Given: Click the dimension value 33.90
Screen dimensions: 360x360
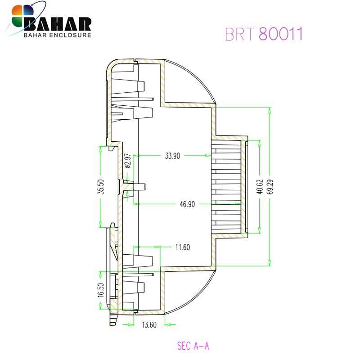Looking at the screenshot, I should [x=172, y=156].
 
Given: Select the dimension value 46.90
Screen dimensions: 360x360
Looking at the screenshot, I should [x=187, y=204].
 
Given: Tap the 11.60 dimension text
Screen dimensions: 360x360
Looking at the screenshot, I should [x=183, y=247].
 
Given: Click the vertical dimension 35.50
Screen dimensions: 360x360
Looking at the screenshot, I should [x=101, y=187].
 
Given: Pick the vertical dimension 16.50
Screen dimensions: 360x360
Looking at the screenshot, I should [x=101, y=290].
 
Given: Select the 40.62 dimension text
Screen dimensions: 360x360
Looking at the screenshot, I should [x=260, y=187].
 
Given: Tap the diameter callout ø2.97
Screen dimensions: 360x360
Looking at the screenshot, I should [x=127, y=161].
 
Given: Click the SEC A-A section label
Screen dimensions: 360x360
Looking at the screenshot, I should [x=193, y=346].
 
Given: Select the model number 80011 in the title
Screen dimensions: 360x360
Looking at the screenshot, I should [x=280, y=34].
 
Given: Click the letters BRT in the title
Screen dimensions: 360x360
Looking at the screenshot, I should [x=240, y=34].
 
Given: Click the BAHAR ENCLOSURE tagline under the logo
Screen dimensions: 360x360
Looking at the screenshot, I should [x=57, y=35].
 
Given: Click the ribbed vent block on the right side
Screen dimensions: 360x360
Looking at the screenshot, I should [x=227, y=187].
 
